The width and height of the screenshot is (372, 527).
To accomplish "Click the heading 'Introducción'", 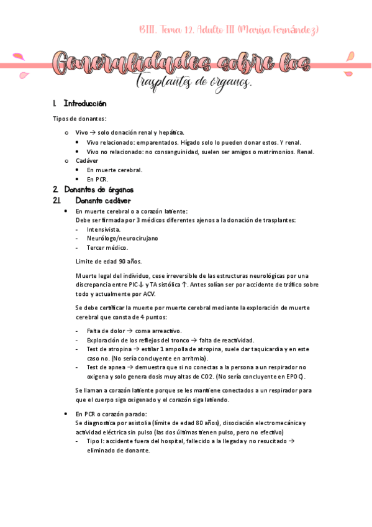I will pyautogui.click(x=85, y=104).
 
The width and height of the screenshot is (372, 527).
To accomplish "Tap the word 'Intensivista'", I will pyautogui.click(x=104, y=229).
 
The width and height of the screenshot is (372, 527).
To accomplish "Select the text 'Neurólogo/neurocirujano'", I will pyautogui.click(x=122, y=238).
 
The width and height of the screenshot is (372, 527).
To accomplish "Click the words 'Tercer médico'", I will pyautogui.click(x=107, y=247).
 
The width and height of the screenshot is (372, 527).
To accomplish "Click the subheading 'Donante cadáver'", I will pyautogui.click(x=103, y=201).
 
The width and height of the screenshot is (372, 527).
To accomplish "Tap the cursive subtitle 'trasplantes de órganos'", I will pyautogui.click(x=193, y=81).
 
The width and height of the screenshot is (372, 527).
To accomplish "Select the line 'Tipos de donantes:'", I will pyautogui.click(x=79, y=119).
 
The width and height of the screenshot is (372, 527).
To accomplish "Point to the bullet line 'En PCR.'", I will pyautogui.click(x=98, y=179).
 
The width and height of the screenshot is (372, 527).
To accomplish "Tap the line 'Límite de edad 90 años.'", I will pyautogui.click(x=109, y=261).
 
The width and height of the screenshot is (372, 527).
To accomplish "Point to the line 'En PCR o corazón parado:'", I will pyautogui.click(x=111, y=413).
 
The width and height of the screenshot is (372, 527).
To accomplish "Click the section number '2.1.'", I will pyautogui.click(x=57, y=201).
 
